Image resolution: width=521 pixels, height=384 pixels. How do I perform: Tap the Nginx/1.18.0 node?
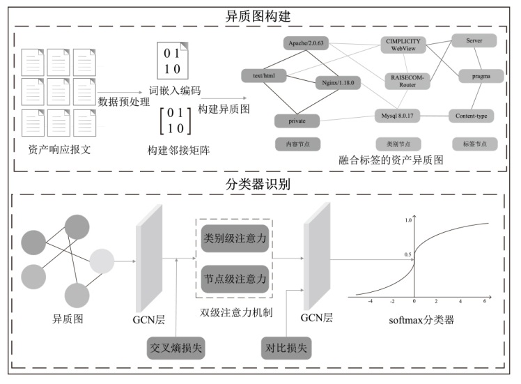(338, 82)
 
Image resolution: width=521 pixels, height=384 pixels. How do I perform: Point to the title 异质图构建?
(260, 15)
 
